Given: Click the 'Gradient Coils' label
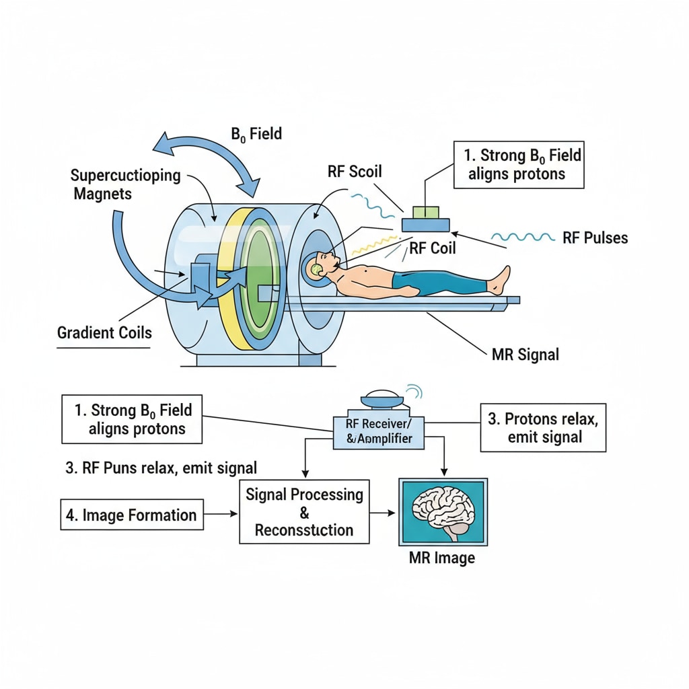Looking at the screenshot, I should (104, 332).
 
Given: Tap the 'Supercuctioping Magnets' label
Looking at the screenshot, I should (125, 184).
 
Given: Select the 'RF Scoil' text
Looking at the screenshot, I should (355, 171).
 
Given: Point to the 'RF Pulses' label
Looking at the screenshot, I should (595, 238).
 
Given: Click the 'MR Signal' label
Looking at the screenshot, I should (525, 354).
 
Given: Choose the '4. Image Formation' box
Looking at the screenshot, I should (132, 515).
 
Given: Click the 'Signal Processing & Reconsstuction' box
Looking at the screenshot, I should (304, 512).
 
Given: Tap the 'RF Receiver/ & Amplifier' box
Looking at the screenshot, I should (378, 432).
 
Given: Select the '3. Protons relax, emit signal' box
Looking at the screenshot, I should (543, 427).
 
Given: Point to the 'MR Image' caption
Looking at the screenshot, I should (442, 558).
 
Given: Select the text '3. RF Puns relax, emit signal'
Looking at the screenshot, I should (161, 468).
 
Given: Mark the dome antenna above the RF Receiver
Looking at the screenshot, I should (383, 400).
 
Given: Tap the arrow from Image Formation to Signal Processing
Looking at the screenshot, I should (221, 515).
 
